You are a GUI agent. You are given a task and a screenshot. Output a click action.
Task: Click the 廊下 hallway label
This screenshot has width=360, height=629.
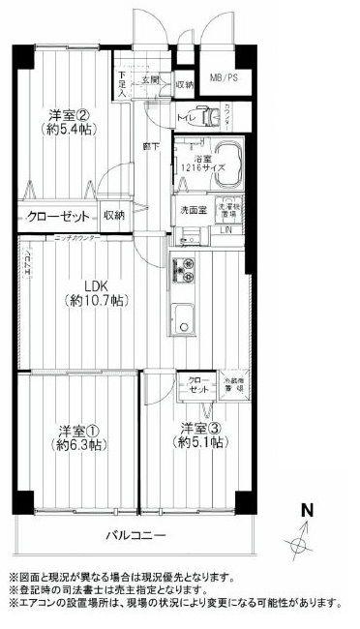tap(151, 146)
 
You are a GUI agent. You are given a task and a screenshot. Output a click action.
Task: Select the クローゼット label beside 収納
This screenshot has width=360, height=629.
tap(59, 216)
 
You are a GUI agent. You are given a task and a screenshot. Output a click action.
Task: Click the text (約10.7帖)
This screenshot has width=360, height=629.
tap(94, 302)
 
